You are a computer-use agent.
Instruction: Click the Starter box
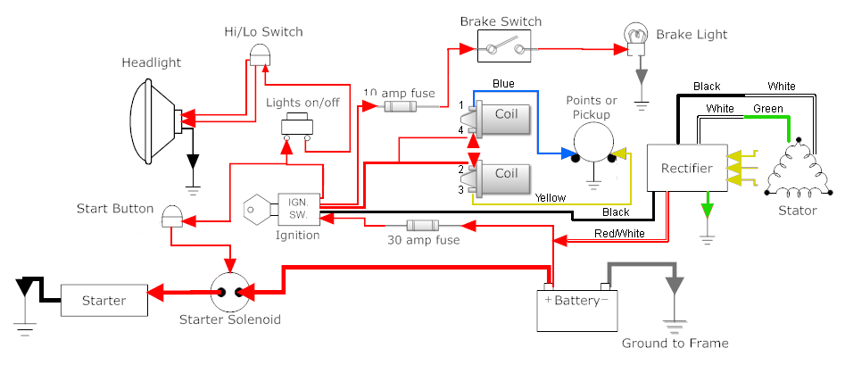[104, 301]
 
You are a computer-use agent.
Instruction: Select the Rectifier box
[686, 169]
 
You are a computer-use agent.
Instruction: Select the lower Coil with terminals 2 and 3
[505, 173]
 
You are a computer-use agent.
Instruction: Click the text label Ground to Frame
[675, 344]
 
